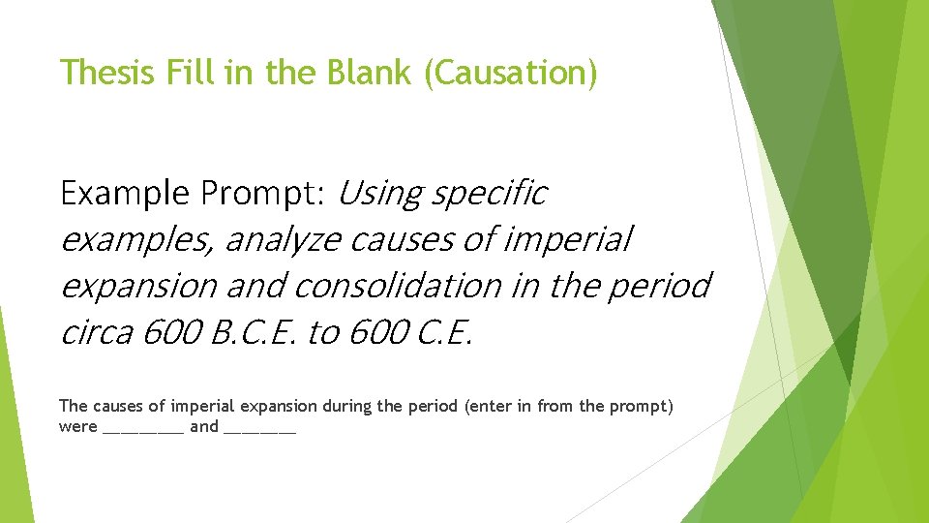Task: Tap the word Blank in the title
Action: [x=366, y=73]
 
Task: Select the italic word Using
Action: [x=379, y=194]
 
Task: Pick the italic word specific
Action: [x=490, y=194]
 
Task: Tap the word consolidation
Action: [x=396, y=286]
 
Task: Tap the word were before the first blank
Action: [x=77, y=427]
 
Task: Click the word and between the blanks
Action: [x=203, y=427]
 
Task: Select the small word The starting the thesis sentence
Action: [x=73, y=407]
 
